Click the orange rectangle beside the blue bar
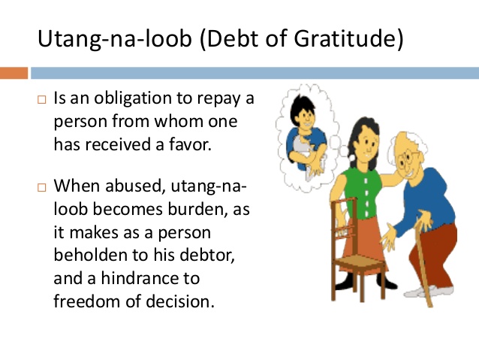pos(14,73)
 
